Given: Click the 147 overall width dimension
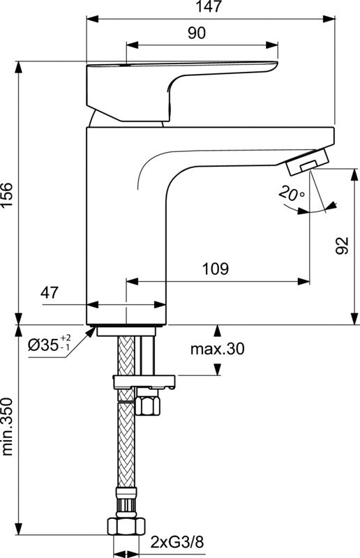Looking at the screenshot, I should click(x=210, y=8).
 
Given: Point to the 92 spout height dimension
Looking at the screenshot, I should click(x=343, y=246).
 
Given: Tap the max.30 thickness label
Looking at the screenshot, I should click(x=218, y=349).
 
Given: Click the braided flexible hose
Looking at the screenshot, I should click(x=126, y=446).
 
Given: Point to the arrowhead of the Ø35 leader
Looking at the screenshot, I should click(x=91, y=333).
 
